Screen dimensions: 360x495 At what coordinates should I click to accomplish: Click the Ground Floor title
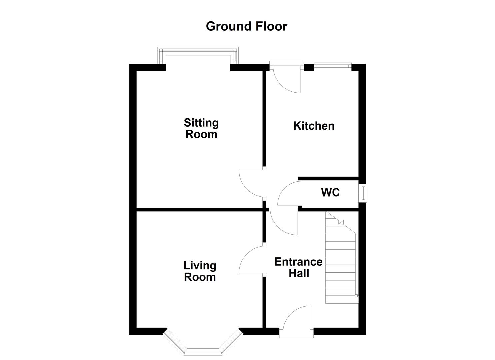tap(246, 26)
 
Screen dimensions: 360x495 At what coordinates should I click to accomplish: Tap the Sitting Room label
tap(201, 128)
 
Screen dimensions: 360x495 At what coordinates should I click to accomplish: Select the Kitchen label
tap(314, 126)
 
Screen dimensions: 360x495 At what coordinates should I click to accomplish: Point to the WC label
tap(330, 193)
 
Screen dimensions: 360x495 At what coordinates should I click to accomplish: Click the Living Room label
tap(200, 271)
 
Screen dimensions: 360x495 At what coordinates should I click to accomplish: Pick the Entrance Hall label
tap(298, 268)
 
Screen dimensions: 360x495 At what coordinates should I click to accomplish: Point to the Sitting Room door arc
tap(251, 184)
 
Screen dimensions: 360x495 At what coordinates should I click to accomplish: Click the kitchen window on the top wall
tap(332, 67)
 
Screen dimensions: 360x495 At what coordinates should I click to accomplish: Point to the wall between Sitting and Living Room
tap(200, 209)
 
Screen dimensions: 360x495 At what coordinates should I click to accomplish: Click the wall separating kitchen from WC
tap(328, 179)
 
